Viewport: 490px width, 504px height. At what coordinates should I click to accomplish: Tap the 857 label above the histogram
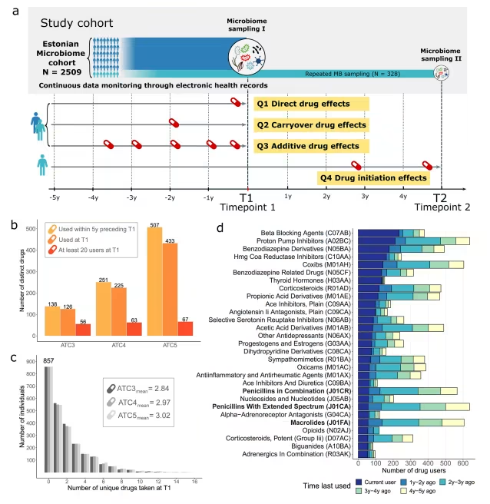48,360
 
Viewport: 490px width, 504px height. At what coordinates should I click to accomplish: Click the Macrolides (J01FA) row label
317,422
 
